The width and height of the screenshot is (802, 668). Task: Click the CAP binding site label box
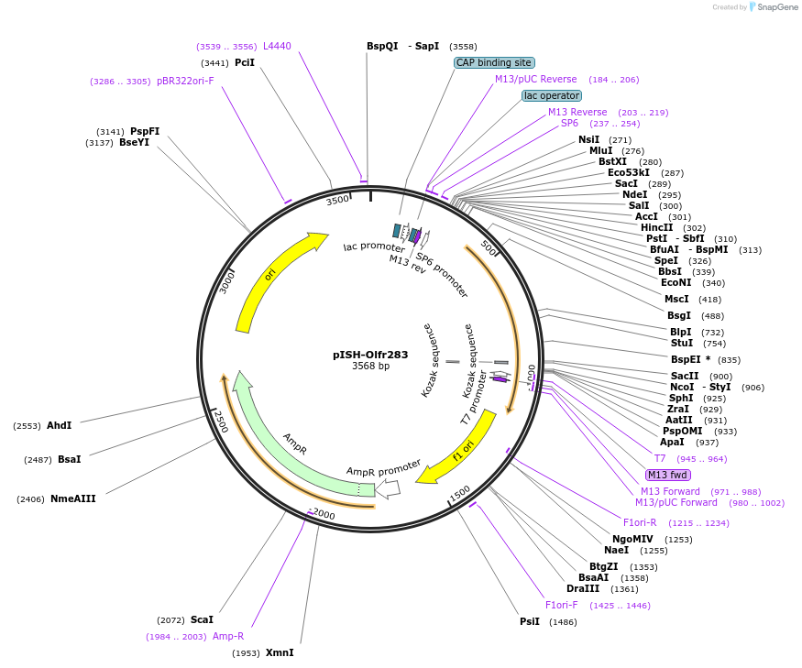493,62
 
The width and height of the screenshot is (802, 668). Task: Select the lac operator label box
552,95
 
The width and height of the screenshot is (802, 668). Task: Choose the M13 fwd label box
668,475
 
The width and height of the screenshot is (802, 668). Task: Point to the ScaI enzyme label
202,620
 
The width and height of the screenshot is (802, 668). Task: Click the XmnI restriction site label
280,653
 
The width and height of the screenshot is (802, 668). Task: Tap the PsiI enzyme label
530,622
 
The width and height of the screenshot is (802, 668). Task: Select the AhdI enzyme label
59,425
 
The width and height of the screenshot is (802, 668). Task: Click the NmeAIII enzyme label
73,498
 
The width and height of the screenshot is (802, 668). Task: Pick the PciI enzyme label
245,62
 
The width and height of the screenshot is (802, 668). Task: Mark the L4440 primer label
277,46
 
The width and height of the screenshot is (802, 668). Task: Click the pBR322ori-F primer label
185,81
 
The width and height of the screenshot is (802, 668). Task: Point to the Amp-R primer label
228,636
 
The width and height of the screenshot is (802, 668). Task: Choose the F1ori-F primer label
561,605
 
